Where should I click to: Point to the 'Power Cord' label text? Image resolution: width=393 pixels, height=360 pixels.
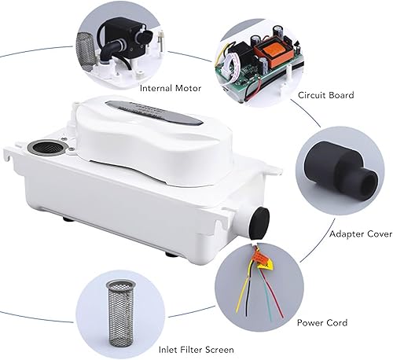[x=320, y=321]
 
